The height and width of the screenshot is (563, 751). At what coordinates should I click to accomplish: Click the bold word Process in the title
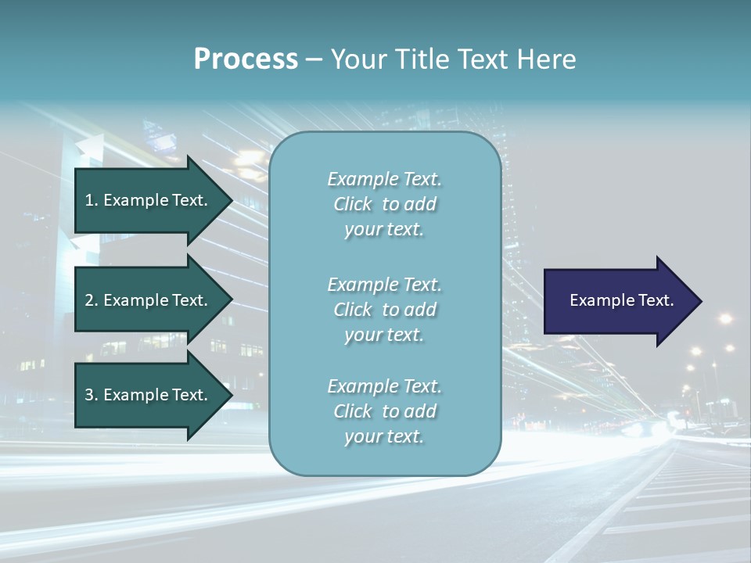pos(246,59)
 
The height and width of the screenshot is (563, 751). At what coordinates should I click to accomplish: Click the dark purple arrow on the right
pos(618,301)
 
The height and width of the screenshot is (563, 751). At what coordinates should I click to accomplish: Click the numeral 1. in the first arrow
pos(92,200)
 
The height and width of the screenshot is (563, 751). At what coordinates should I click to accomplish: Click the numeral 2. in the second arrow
pos(92,300)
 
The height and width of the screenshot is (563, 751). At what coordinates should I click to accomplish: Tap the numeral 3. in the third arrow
pos(92,395)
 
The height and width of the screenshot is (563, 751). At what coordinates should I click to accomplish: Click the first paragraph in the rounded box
pos(384,204)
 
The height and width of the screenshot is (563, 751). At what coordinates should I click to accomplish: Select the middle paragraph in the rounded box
pos(384,310)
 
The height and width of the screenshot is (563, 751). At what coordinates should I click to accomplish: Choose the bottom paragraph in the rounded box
pos(384,411)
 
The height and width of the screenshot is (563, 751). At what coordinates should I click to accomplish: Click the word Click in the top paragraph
pos(353,204)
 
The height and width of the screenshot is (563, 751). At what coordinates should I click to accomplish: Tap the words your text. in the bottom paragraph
pos(384,436)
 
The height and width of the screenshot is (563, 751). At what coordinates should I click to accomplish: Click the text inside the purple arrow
pos(621,300)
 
